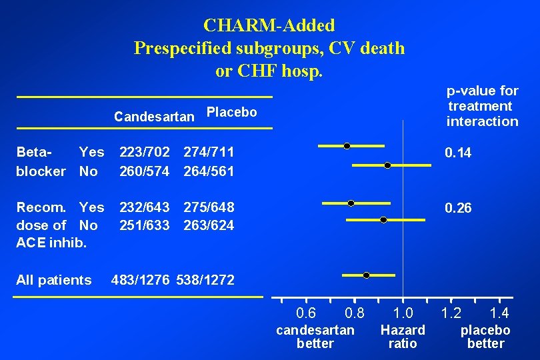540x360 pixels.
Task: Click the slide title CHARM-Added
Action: pos(269,25)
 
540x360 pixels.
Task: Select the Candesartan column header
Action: pos(154,117)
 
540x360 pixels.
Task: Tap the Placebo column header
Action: pos(231,112)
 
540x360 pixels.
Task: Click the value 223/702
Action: pos(144,153)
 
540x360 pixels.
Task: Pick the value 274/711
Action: pos(209,153)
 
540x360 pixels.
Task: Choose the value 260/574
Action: pos(144,171)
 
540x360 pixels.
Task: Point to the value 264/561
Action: pos(209,171)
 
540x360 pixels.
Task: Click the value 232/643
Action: pos(144,207)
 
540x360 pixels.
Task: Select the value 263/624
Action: pos(209,225)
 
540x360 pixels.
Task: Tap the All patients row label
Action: pos(54,280)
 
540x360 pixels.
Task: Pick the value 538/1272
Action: pos(205,280)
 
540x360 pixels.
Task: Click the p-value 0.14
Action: pos(458,153)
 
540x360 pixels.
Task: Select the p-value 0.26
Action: pos(458,209)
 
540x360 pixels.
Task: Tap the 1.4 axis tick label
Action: pos(499,313)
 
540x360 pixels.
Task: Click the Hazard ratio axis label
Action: pos(403,337)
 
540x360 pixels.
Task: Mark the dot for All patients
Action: pos(367,275)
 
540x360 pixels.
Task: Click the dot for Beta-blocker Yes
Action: pos(347,145)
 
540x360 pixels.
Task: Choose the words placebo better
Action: pos(485,337)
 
